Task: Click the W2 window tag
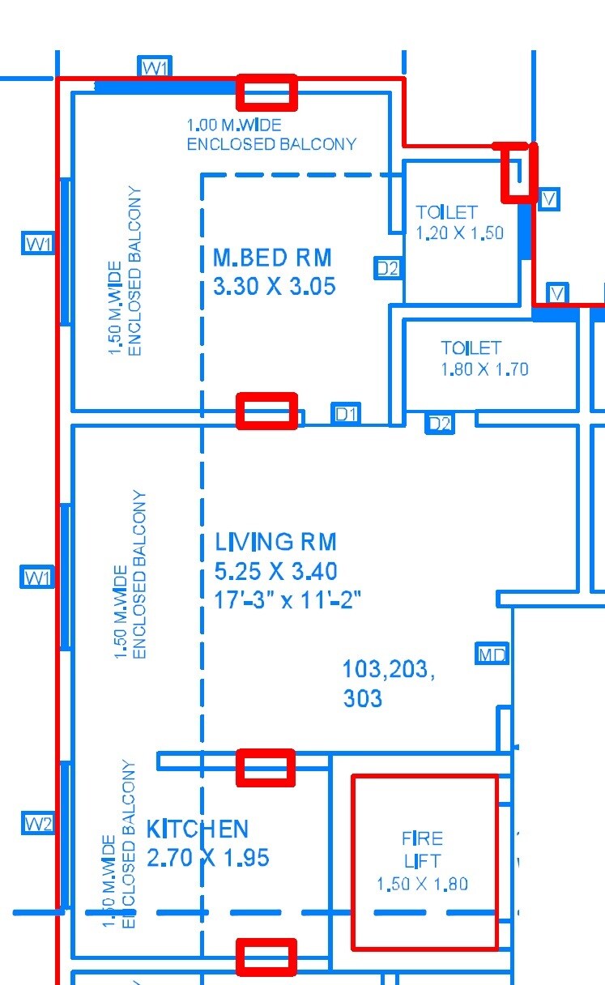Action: [x=38, y=824]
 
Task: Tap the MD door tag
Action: [x=492, y=655]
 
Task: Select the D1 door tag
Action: [x=346, y=415]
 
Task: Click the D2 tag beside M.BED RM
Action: [x=388, y=268]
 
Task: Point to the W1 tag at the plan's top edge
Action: [x=155, y=68]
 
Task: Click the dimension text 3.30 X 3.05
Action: [x=274, y=287]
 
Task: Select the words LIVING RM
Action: [x=275, y=542]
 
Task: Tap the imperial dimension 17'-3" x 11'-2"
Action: [x=288, y=600]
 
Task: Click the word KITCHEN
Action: [x=197, y=829]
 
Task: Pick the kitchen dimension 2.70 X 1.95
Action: [x=207, y=858]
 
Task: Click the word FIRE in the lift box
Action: [x=422, y=838]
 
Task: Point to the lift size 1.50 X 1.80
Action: [x=422, y=885]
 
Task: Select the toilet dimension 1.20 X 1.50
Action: [x=459, y=233]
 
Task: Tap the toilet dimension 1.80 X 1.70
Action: [x=484, y=369]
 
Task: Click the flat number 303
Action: [x=362, y=698]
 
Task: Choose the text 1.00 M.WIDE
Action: [x=234, y=126]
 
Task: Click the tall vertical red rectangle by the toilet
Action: [x=517, y=172]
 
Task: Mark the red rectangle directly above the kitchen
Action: [x=265, y=766]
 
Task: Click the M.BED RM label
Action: [x=272, y=258]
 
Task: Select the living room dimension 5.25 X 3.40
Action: [x=275, y=571]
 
